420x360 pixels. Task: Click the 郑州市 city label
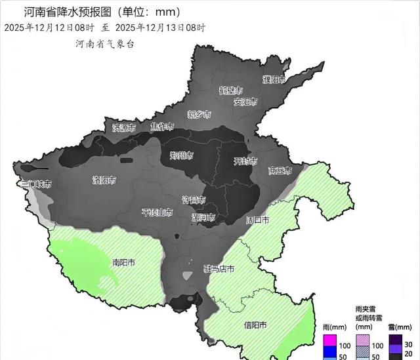(x=181, y=156)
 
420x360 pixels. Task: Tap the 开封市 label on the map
(x=245, y=161)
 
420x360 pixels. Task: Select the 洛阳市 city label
(x=104, y=180)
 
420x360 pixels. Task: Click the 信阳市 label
(x=255, y=325)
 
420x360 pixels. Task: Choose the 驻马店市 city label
(x=218, y=270)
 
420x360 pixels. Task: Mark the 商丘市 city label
(x=280, y=170)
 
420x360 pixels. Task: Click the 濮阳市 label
(x=274, y=80)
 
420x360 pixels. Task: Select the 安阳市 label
(x=245, y=102)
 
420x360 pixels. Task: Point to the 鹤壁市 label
(x=231, y=90)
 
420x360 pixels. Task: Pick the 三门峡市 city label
(x=35, y=184)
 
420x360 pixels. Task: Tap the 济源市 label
(x=123, y=127)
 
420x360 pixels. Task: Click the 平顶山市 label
(x=157, y=213)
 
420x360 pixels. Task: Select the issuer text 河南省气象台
(x=105, y=43)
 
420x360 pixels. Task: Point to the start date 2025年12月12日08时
(x=49, y=28)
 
